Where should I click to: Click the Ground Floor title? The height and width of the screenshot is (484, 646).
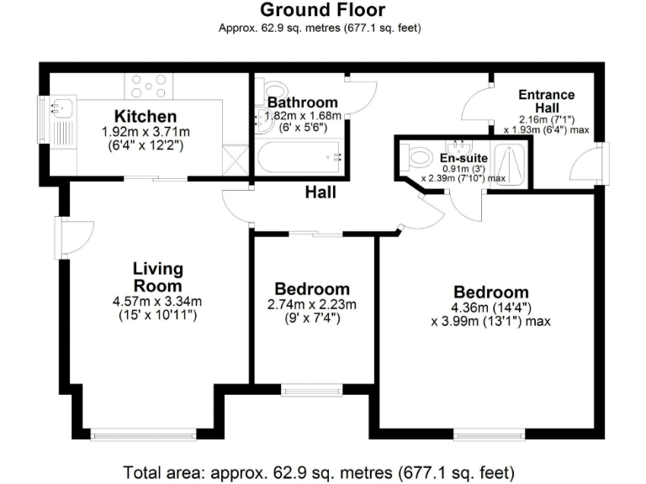322,10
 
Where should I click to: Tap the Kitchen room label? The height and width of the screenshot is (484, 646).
146,116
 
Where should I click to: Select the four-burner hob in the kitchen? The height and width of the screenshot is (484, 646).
149,86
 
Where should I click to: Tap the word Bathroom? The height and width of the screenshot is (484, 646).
304,103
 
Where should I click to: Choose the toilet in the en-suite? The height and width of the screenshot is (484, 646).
417,157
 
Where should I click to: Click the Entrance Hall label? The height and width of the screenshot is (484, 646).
547,102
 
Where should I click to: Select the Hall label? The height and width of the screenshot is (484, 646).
320,192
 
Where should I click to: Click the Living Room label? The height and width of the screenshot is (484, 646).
158,277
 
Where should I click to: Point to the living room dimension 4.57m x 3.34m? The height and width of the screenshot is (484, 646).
157,302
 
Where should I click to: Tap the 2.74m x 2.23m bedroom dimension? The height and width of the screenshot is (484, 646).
312,304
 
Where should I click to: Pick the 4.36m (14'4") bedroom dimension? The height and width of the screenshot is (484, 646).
491,308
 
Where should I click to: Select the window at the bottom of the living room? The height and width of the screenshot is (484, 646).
144,435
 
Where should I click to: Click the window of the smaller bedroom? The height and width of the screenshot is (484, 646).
312,389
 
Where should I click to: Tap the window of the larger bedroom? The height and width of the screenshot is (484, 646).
491,435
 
